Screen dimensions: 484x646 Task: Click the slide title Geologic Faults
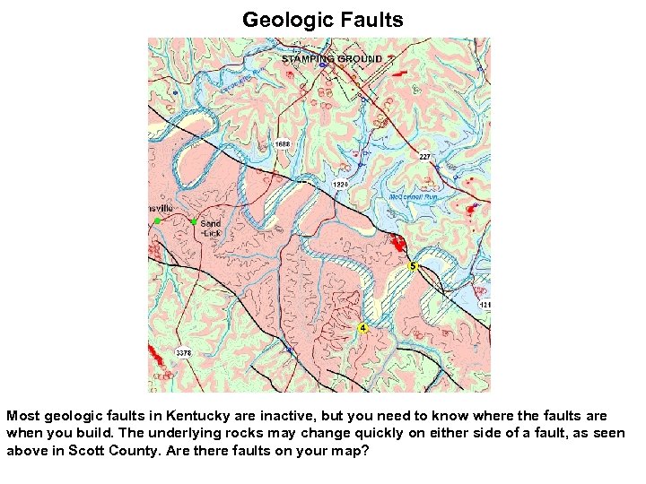(322, 19)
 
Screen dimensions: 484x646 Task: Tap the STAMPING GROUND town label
(332, 59)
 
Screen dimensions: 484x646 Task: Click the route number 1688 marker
(283, 143)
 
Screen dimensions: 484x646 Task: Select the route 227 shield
(425, 157)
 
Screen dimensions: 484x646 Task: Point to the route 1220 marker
(340, 184)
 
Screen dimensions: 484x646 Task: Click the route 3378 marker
(184, 352)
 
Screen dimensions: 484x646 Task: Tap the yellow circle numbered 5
(413, 266)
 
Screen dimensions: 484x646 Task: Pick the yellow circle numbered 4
(362, 328)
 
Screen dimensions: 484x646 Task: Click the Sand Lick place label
(211, 228)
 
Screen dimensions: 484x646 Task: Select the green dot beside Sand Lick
(194, 221)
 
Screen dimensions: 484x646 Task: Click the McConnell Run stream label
(414, 196)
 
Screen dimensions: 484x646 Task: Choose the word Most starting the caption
(22, 417)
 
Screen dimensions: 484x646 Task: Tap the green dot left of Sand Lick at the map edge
(157, 220)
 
